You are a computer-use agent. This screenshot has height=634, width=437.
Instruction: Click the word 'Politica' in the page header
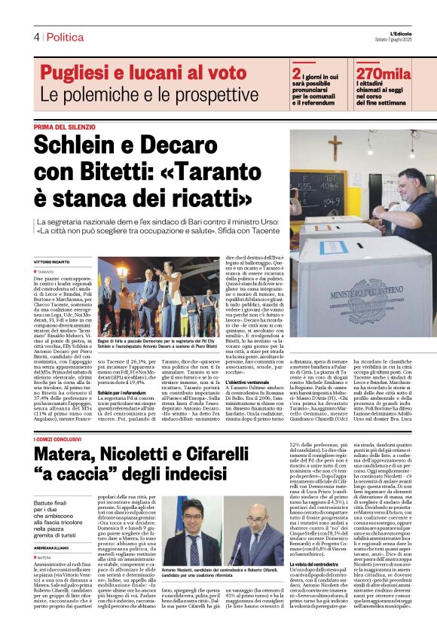[66, 37]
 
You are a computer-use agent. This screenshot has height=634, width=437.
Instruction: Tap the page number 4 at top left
[36, 37]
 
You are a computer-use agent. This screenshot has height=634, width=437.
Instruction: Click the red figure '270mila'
[384, 74]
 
